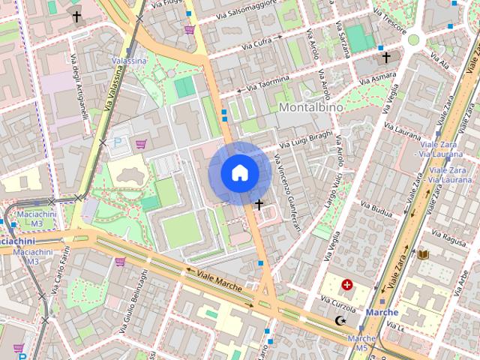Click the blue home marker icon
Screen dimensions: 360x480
(x=239, y=173)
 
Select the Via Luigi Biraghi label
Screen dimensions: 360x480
(x=305, y=141)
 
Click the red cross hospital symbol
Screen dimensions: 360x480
(x=347, y=284)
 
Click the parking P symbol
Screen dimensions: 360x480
(x=117, y=142)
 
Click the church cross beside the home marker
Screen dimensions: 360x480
(x=259, y=204)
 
